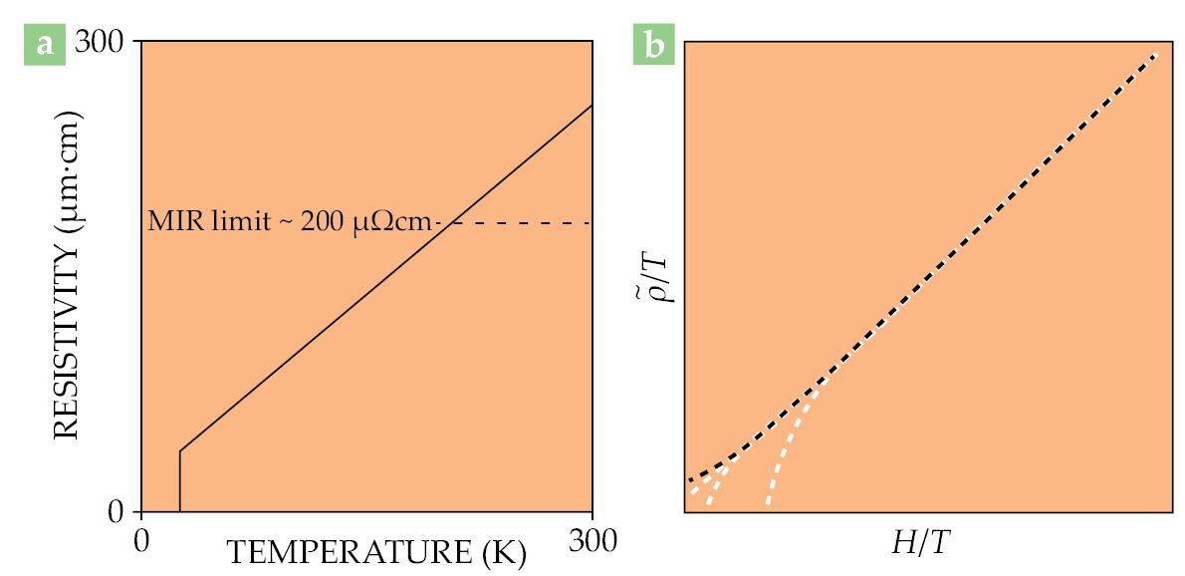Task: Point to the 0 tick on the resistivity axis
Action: pyautogui.click(x=119, y=512)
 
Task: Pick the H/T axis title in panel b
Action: pyautogui.click(x=921, y=543)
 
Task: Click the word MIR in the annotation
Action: pyautogui.click(x=168, y=221)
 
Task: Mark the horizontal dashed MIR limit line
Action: pyautogui.click(x=518, y=222)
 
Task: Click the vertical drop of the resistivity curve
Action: pyautogui.click(x=179, y=481)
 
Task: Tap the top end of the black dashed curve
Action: pyautogui.click(x=1156, y=54)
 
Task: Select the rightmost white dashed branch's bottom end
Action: pyautogui.click(x=768, y=501)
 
